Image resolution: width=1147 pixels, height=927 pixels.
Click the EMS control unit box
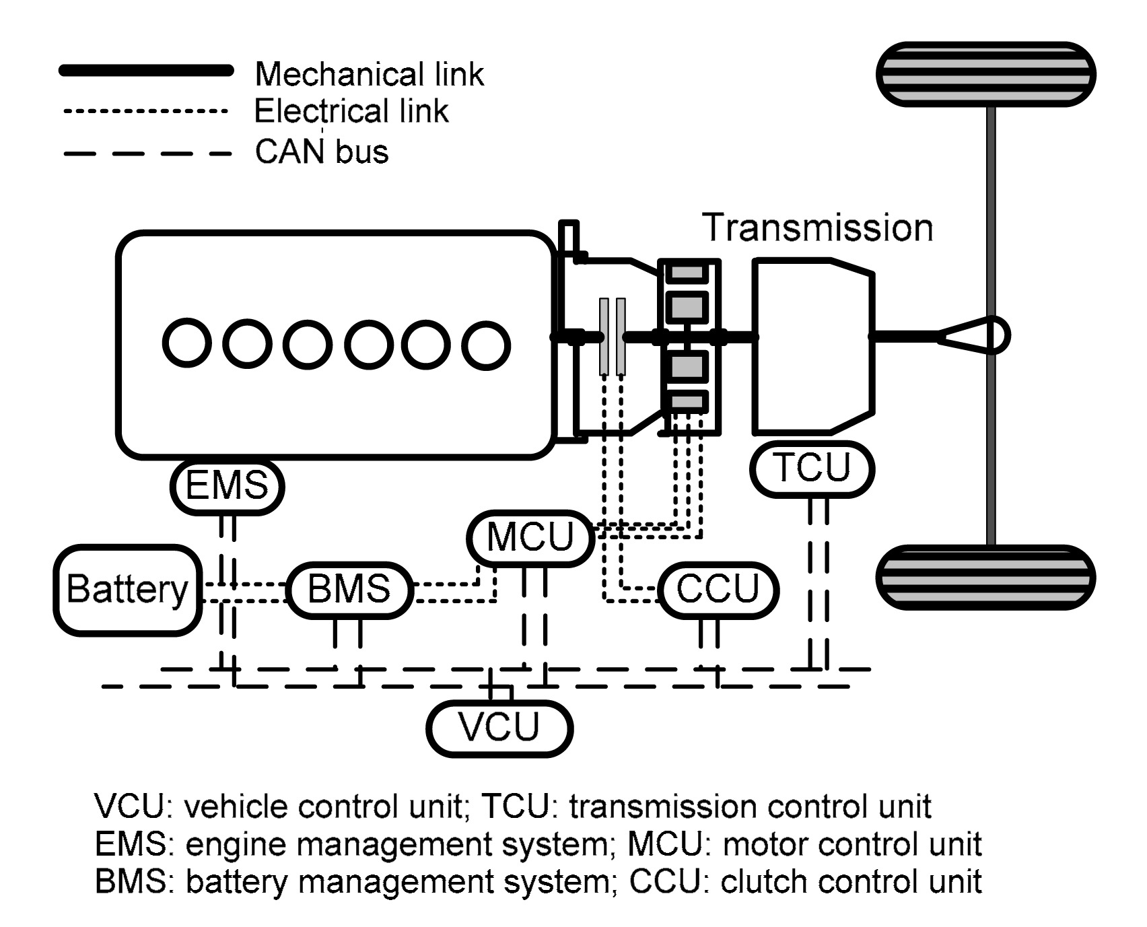(228, 486)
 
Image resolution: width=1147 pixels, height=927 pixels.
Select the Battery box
(128, 590)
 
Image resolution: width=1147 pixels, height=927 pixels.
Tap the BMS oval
(349, 589)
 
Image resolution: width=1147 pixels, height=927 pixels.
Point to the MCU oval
(530, 537)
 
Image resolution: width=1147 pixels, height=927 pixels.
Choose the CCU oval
(718, 590)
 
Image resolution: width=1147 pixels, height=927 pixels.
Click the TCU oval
(812, 469)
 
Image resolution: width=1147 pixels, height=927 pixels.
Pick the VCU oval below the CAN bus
(499, 728)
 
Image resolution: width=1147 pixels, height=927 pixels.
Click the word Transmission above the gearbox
(818, 228)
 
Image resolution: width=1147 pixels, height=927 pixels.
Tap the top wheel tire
(985, 74)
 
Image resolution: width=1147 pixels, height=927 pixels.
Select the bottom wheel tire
(985, 577)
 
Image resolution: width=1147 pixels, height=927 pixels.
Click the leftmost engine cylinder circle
(187, 344)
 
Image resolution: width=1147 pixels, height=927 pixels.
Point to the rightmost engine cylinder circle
(485, 345)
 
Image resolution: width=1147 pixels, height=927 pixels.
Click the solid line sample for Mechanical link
(146, 70)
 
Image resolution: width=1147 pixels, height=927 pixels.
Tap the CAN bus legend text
(321, 152)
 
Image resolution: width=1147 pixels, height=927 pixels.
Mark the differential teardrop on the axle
(976, 335)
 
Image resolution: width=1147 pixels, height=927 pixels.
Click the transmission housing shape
(813, 345)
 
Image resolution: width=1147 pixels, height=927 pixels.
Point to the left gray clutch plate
(604, 337)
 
